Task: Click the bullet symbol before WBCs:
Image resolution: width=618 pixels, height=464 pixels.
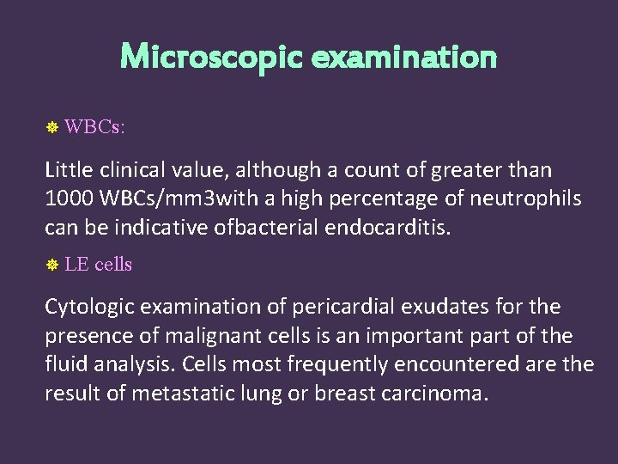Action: [51, 128]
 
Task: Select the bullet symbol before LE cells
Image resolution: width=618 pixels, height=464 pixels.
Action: [51, 266]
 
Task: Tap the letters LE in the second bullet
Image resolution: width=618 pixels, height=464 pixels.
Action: [77, 265]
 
